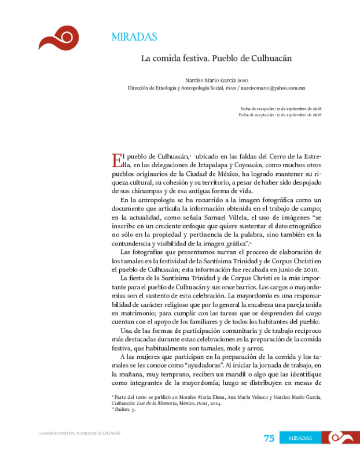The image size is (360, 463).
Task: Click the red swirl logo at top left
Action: (x=58, y=38)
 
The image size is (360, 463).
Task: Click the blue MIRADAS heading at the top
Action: (x=134, y=37)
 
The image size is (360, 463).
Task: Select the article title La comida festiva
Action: (x=216, y=58)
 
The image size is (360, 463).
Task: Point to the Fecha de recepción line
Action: (x=281, y=109)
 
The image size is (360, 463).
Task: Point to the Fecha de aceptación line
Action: (x=280, y=115)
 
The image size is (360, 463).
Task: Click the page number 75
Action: (x=269, y=438)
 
